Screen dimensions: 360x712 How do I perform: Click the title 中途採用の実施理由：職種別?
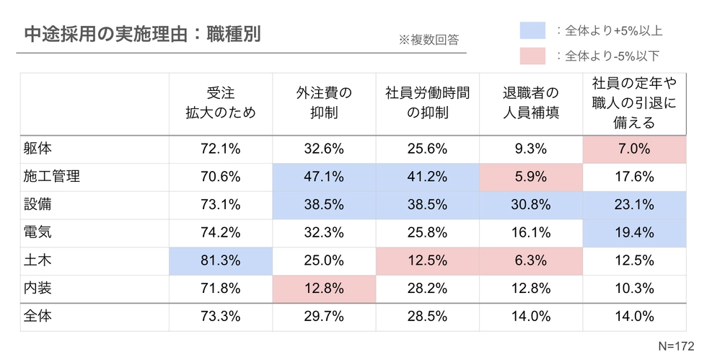coord(141,34)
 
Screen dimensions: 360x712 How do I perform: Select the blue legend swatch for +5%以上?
coord(532,30)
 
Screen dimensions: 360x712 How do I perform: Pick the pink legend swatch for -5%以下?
coord(532,56)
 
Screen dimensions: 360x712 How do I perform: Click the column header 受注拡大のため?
coord(221,102)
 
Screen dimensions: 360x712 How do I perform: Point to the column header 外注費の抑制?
coord(324,102)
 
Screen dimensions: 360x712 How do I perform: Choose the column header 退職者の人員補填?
coord(531,102)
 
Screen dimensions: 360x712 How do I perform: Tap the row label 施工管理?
coord(51,177)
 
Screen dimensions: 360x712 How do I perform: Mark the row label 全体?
coord(38,315)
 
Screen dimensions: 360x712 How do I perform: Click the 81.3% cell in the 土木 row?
coord(221,260)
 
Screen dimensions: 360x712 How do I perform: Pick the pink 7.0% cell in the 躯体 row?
coord(634,149)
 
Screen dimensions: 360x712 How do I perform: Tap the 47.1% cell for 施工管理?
coord(324,177)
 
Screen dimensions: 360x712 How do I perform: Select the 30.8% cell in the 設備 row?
coord(531,205)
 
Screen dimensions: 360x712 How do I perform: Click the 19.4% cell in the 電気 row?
coord(634,232)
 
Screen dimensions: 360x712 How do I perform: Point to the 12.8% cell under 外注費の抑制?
coord(324,288)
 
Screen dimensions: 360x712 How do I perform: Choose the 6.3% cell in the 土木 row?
coord(531,260)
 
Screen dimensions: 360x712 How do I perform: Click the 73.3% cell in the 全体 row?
coord(221,315)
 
